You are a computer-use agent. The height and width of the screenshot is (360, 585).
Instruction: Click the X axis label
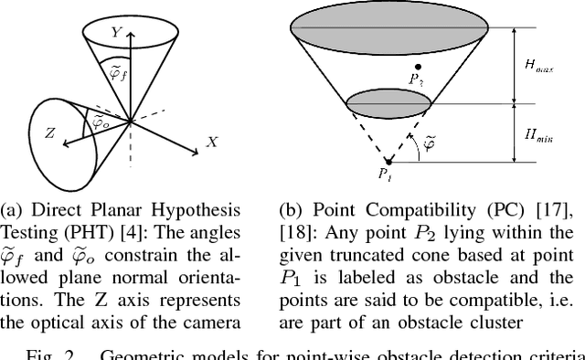click(212, 142)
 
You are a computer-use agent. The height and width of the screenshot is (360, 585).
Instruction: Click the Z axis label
click(52, 132)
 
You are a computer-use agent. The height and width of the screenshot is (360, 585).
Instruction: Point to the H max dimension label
click(538, 65)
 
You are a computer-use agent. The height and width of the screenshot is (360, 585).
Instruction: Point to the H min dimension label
click(538, 135)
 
